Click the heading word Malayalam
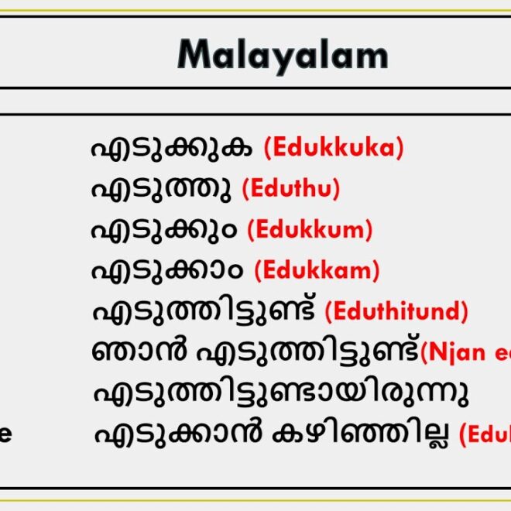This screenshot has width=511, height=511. [x=283, y=55]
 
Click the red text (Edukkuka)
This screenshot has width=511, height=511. [x=334, y=147]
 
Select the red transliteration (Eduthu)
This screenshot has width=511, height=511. [x=290, y=188]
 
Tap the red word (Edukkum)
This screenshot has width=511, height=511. [x=310, y=229]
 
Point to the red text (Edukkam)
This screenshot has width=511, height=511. [x=317, y=270]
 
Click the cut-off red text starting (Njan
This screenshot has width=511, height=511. [x=465, y=352]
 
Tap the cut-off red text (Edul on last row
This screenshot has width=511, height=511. [x=485, y=434]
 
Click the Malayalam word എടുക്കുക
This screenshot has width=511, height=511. [x=171, y=147]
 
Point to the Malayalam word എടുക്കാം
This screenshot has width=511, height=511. [x=166, y=270]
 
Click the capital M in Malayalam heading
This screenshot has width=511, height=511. [x=194, y=55]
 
